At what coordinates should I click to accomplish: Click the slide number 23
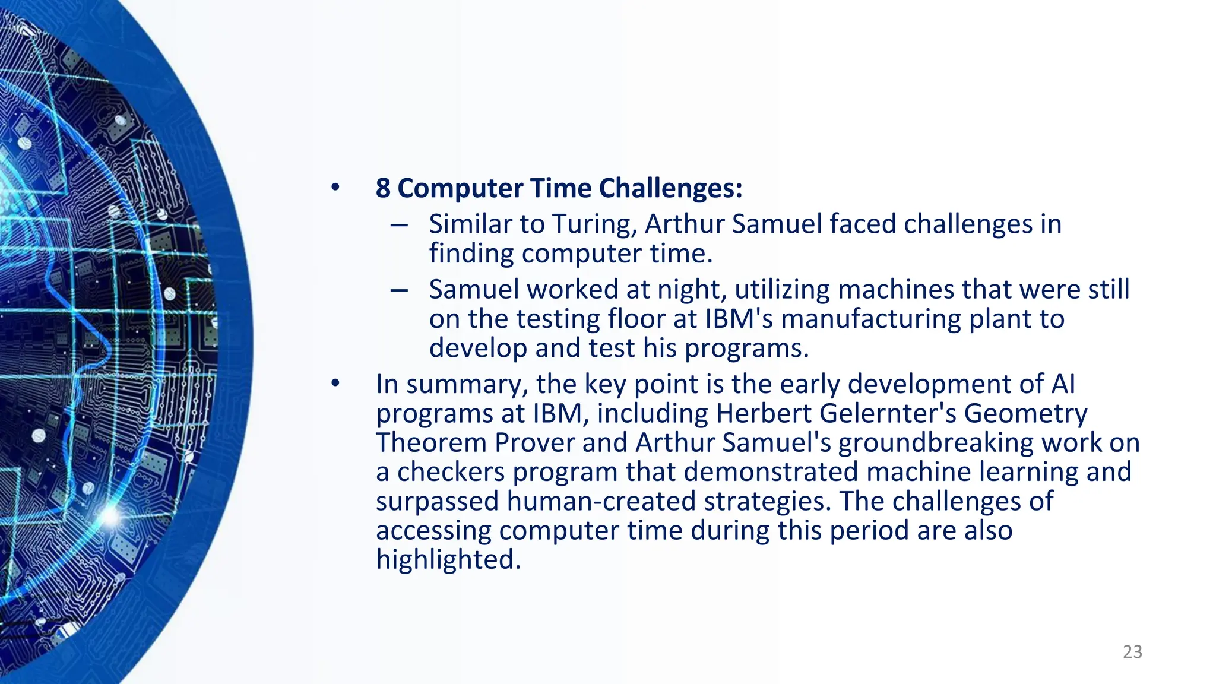(x=1132, y=652)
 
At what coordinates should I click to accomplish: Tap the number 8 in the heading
(x=383, y=188)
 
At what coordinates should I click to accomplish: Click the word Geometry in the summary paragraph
(x=1025, y=414)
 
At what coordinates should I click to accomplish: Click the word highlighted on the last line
(x=448, y=559)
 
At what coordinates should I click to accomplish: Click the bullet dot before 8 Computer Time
(x=335, y=188)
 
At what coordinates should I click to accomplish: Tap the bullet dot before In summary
(x=335, y=384)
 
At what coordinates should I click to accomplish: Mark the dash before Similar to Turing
(x=399, y=225)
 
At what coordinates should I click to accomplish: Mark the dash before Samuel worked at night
(x=399, y=290)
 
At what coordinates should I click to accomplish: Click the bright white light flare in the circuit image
(x=110, y=515)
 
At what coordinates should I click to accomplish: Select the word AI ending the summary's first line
(x=1063, y=384)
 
